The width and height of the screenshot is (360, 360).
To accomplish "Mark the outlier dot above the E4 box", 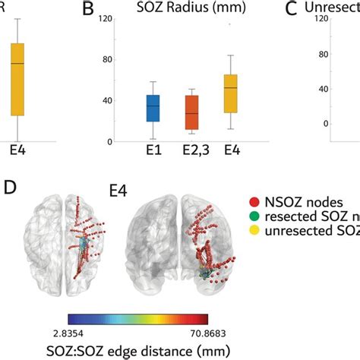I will coord(230,24).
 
